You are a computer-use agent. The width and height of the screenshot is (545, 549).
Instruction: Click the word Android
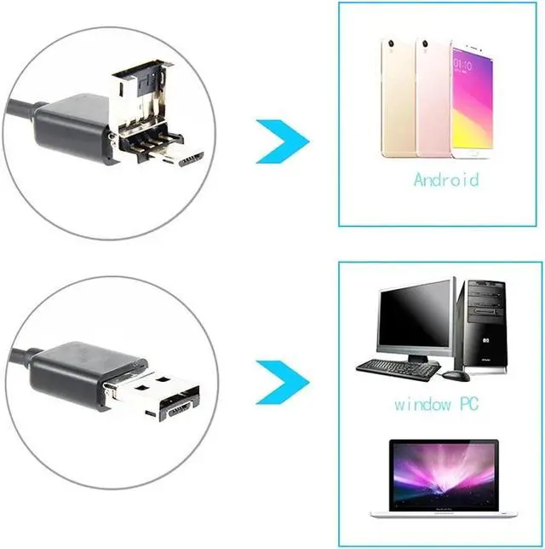click(x=445, y=179)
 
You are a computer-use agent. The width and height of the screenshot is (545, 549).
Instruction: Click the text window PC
click(x=433, y=405)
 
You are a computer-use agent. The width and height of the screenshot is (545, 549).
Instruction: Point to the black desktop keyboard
click(x=397, y=367)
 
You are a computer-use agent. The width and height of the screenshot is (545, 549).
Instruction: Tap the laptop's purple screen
click(x=442, y=477)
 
